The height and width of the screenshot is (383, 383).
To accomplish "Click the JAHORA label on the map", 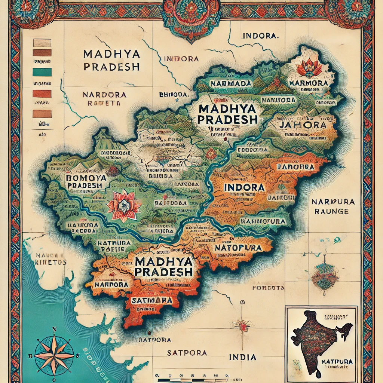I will point(302,125).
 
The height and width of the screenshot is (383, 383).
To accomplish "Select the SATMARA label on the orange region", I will point(151,300).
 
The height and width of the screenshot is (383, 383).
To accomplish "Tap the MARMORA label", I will point(309,83).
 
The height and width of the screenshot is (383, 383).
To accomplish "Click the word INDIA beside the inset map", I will point(242,357).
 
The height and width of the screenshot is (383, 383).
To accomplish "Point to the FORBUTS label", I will point(268,288).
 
